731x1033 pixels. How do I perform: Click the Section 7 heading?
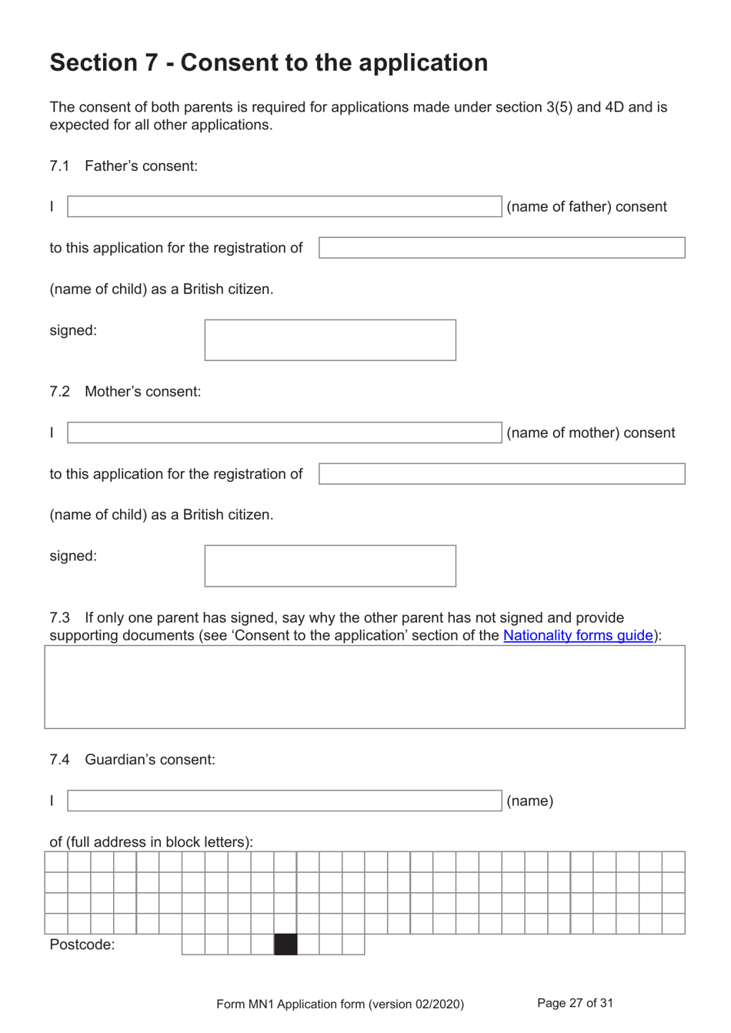pyautogui.click(x=269, y=62)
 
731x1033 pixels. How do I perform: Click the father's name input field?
pyautogui.click(x=284, y=206)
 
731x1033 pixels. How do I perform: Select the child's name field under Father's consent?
pyautogui.click(x=502, y=248)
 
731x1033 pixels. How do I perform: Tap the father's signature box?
pyautogui.click(x=330, y=340)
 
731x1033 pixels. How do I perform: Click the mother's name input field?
pyautogui.click(x=284, y=433)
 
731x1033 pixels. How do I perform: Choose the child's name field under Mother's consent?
pyautogui.click(x=502, y=473)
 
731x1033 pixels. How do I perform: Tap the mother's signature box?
pyautogui.click(x=330, y=566)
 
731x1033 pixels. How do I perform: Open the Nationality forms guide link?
pyautogui.click(x=578, y=636)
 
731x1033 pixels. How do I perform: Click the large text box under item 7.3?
pyautogui.click(x=365, y=687)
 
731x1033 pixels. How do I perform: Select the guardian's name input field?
pyautogui.click(x=284, y=801)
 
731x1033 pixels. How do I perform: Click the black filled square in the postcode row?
pyautogui.click(x=285, y=944)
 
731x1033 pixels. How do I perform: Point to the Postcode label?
pyautogui.click(x=82, y=944)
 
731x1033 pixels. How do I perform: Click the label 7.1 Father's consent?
pyautogui.click(x=124, y=166)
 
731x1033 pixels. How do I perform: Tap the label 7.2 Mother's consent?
pyautogui.click(x=125, y=392)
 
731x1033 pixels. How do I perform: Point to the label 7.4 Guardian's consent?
pyautogui.click(x=132, y=760)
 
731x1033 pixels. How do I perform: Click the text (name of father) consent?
pyautogui.click(x=586, y=207)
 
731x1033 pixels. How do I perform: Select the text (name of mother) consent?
pyautogui.click(x=590, y=433)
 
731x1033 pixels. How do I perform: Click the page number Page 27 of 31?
pyautogui.click(x=575, y=1003)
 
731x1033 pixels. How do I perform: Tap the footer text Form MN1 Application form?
pyautogui.click(x=340, y=1004)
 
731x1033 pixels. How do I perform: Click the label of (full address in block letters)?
pyautogui.click(x=152, y=842)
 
